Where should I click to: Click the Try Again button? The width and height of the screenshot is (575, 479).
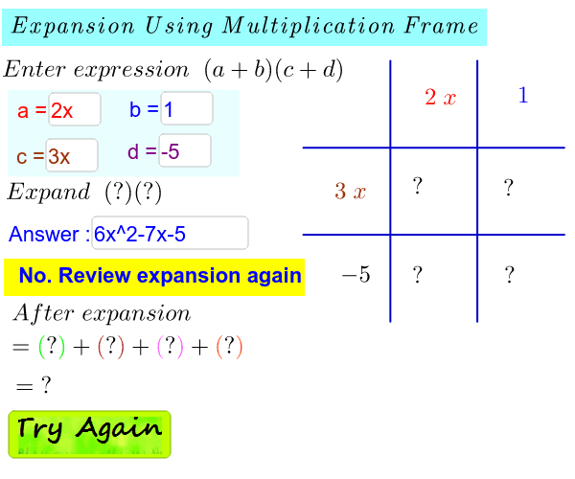tap(89, 433)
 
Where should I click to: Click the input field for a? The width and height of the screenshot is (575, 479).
tap(75, 110)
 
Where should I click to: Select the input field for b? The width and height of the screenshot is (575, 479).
tap(186, 109)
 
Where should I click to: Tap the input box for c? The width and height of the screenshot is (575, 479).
tap(72, 155)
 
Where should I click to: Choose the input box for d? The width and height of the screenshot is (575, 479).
tap(184, 151)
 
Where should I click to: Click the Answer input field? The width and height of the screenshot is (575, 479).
tap(170, 233)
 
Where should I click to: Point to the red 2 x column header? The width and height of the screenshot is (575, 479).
tap(440, 98)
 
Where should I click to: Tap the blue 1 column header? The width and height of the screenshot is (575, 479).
tap(522, 96)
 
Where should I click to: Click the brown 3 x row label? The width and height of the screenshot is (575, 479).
tap(350, 192)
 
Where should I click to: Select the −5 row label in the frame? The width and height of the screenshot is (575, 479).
tap(356, 276)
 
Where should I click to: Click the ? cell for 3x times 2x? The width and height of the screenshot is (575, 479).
tap(418, 187)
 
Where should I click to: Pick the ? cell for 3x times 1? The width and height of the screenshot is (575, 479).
tap(509, 187)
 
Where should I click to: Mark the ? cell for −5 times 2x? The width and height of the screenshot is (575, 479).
tap(418, 276)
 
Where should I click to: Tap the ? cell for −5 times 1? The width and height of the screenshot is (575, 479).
tap(509, 276)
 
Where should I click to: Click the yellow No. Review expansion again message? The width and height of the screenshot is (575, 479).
tap(154, 277)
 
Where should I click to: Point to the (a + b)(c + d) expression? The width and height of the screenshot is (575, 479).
tap(273, 70)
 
